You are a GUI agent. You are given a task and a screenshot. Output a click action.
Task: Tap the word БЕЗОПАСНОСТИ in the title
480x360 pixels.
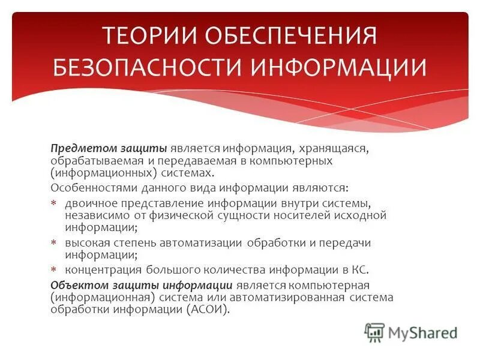pyautogui.click(x=149, y=67)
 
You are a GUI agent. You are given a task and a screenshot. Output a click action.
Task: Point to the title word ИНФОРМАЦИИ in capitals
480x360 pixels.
pyautogui.click(x=339, y=67)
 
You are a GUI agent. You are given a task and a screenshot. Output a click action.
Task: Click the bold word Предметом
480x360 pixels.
pyautogui.click(x=76, y=149)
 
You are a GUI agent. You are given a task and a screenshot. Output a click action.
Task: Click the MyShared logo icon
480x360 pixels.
pyautogui.click(x=374, y=332)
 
